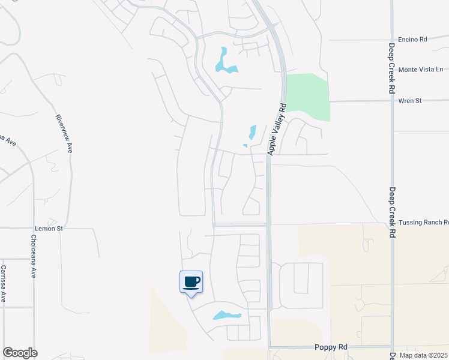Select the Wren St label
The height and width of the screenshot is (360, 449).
(x=409, y=101)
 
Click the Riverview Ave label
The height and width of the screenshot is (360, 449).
(x=64, y=133)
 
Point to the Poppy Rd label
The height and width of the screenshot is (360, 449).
(x=330, y=347)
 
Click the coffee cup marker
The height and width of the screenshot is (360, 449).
(x=191, y=282)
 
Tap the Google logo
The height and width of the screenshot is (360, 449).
(x=20, y=353)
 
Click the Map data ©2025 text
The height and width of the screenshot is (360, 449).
(x=423, y=355)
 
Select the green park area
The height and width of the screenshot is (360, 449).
(x=309, y=96)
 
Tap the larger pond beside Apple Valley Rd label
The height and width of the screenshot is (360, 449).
(x=253, y=132)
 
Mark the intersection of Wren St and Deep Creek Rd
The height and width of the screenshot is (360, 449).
(x=391, y=101)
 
